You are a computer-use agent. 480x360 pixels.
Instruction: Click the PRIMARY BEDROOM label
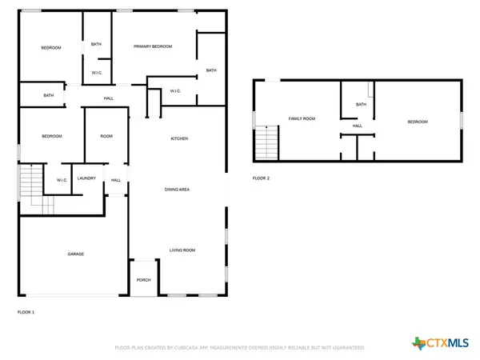coord(153,47)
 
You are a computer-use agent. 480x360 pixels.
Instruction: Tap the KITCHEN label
coord(179,139)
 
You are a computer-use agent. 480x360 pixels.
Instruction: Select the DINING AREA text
coord(177,189)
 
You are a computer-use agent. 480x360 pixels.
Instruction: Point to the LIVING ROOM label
coord(182,250)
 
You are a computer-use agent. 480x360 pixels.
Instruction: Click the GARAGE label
coord(76,254)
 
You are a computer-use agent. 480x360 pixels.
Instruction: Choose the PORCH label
coord(144,280)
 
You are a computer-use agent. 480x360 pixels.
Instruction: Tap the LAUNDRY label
coord(87,178)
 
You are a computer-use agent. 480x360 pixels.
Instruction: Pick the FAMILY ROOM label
coord(302,118)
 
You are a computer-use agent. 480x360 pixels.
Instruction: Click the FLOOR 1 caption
coord(26,311)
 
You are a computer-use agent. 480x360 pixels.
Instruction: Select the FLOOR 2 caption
coord(261,178)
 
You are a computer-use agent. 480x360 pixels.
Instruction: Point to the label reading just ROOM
coord(106,137)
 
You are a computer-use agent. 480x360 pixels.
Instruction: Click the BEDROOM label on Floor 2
coord(418,122)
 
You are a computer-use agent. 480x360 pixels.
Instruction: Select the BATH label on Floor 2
coord(361,104)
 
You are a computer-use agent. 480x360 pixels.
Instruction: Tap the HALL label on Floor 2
coord(358,126)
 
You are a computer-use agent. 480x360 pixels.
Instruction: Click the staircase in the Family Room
coord(266,144)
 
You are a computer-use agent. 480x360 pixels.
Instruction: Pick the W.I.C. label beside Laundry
coord(62,180)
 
